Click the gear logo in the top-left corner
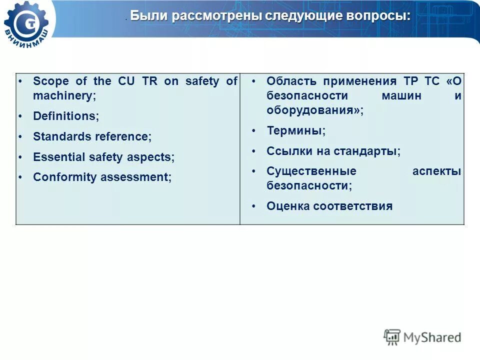(27, 24)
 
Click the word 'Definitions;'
(66, 116)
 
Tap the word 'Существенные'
(311, 171)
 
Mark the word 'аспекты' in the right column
(436, 171)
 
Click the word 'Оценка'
(288, 206)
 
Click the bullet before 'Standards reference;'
(20, 136)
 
